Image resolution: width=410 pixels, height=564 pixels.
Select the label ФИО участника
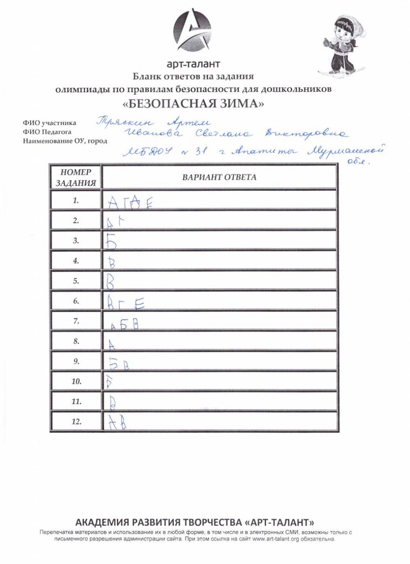coord(49,123)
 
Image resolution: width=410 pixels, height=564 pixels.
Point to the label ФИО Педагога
coord(47,132)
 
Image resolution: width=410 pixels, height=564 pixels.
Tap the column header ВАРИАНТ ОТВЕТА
coord(219,177)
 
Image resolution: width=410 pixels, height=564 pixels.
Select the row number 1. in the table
coord(76,200)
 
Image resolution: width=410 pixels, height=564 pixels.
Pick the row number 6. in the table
coord(76,301)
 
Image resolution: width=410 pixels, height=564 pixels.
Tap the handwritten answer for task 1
coord(129,202)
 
